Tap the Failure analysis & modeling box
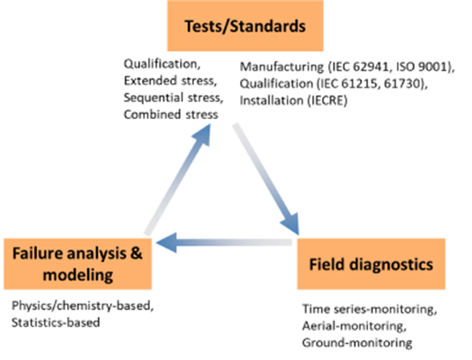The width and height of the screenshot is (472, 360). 78,263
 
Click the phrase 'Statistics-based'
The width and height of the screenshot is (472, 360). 53,322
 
